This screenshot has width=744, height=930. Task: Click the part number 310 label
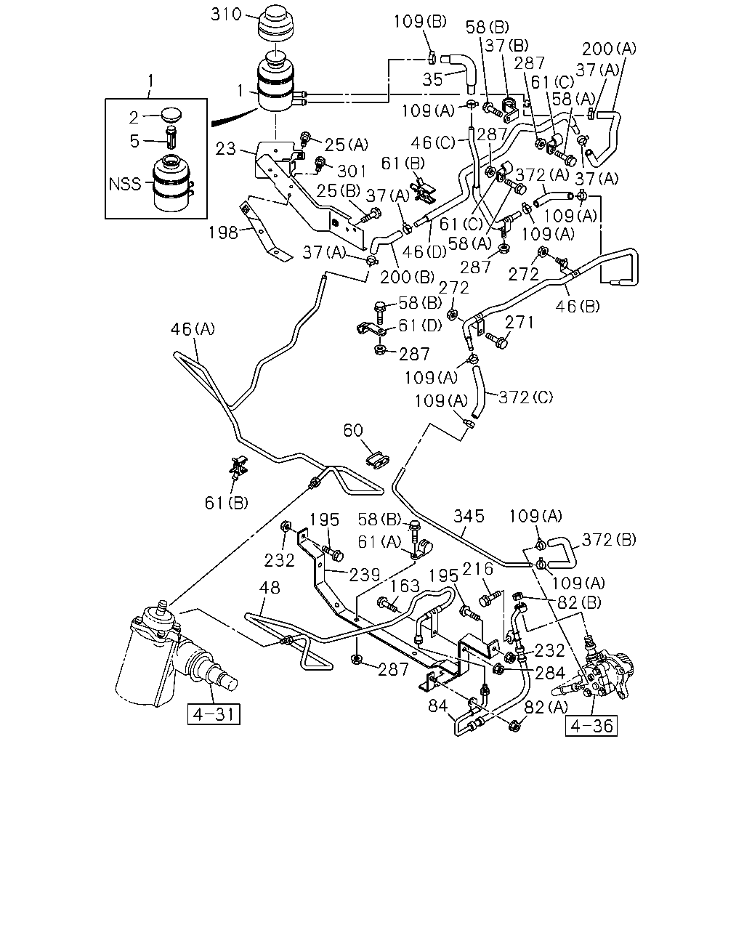pos(226,15)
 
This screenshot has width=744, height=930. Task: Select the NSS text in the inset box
pos(125,184)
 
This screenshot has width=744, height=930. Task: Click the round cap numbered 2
pos(171,116)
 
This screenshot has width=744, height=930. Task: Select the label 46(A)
pos(193,329)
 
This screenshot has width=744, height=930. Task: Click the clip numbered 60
pos(377,459)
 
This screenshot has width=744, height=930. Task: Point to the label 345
pos(469,516)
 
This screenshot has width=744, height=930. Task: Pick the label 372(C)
pos(526,397)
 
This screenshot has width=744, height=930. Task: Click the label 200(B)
pos(407,277)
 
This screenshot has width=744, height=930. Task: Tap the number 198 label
pos(223,233)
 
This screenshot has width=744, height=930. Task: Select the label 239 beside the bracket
pos(365,575)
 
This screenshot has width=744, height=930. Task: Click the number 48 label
pos(270,587)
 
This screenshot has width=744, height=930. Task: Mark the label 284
pos(550,673)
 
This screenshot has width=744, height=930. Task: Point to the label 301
pos(352,171)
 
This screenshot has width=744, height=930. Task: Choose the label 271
pos(519,323)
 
